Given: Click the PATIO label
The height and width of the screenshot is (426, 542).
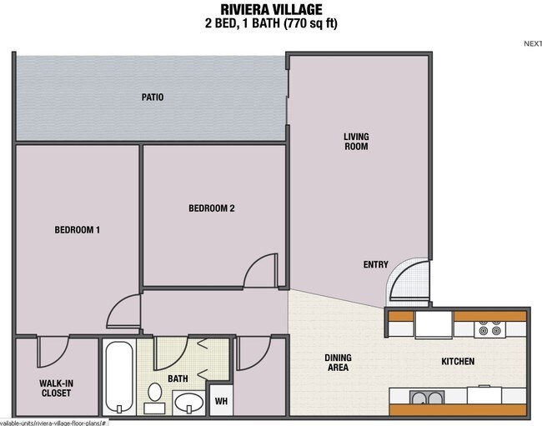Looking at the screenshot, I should pos(152,98).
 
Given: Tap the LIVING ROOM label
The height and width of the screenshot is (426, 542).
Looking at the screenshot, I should pos(356,142).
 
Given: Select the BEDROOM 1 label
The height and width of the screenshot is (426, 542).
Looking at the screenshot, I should pos(78,230).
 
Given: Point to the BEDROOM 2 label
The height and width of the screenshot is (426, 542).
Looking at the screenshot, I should pos(212,208).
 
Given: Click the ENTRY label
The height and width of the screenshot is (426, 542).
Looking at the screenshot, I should pos(376,265).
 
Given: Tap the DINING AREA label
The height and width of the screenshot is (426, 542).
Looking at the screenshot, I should pos(338,363).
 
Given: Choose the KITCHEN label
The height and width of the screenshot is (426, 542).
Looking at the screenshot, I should pos(458,362).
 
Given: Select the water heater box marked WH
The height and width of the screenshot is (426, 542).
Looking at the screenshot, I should pos(221,401).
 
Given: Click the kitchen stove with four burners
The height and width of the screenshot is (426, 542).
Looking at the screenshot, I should pos(489,329).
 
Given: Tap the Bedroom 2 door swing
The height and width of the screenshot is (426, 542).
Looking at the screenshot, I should pos(262,272).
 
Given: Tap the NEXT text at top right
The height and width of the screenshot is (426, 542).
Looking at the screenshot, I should pos(532,44).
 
